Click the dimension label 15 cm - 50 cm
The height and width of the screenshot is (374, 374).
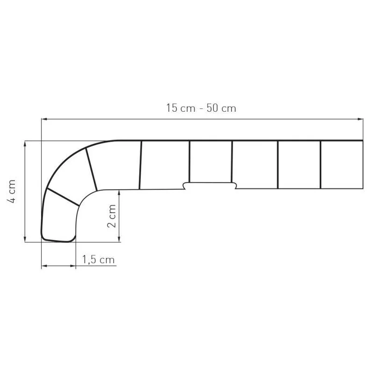(x=201, y=108)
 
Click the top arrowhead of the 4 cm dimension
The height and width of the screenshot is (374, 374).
(x=24, y=144)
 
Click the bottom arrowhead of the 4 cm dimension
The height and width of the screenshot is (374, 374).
(x=24, y=239)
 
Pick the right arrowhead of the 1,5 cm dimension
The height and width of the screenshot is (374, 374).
(x=73, y=266)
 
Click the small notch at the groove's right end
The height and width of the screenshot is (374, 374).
(x=235, y=186)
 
